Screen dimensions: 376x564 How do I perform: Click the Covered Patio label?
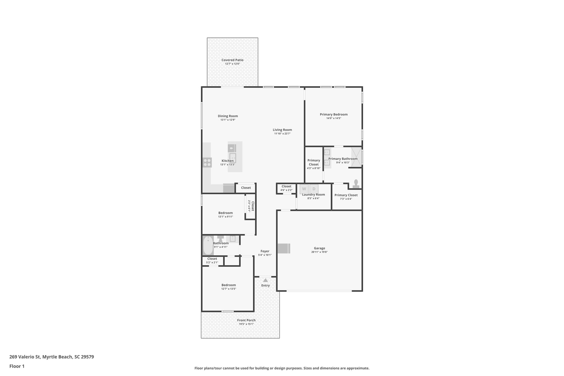232,60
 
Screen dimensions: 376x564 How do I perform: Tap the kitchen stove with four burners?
207,163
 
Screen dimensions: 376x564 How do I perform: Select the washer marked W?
304,189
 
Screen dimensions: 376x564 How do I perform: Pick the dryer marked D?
314,189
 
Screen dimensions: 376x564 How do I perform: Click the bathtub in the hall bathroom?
208,246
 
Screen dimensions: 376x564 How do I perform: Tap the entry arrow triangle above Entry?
265,280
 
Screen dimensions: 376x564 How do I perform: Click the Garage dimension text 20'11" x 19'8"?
319,252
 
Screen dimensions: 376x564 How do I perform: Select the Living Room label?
282,130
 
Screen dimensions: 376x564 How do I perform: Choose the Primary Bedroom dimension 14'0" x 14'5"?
334,118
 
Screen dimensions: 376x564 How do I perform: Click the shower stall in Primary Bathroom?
356,157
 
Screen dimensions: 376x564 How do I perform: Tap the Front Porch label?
246,320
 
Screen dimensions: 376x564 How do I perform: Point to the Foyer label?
265,251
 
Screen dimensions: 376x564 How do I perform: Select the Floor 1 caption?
17,366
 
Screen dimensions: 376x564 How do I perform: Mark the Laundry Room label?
313,194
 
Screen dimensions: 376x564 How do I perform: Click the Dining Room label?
228,116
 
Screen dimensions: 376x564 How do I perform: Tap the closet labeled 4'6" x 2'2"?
286,188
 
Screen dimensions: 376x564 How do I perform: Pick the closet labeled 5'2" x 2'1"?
212,260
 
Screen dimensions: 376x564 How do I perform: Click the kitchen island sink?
232,158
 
